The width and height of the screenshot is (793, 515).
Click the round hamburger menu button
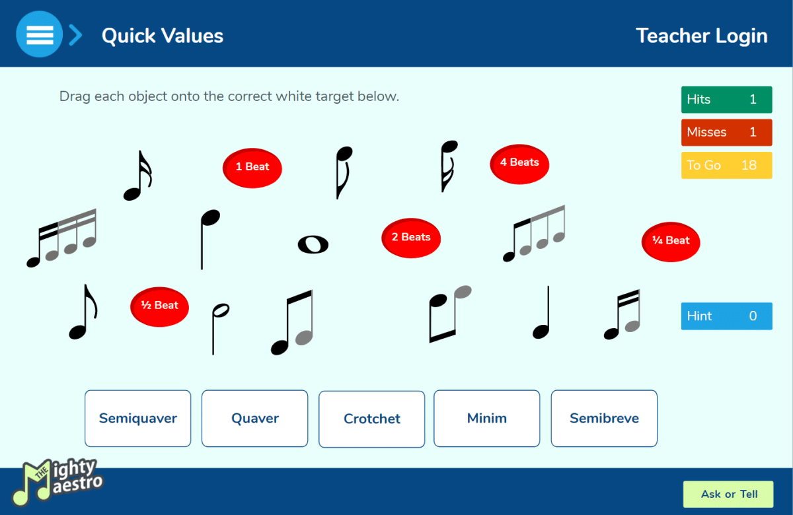pos(39,34)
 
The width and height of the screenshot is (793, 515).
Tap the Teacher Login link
pos(702,36)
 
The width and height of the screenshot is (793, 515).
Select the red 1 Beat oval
pos(252,168)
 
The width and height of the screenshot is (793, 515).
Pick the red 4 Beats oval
pos(519,164)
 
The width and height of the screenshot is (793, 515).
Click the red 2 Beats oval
pos(411,238)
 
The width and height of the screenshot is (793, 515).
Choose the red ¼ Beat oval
pos(671,242)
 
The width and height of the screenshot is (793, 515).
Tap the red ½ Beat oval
pos(159,306)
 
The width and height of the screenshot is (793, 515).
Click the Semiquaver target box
pos(137,419)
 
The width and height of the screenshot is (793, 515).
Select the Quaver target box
pos(255,419)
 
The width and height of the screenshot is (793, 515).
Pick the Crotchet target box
pos(371,419)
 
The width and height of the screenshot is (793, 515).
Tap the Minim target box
pos(487,419)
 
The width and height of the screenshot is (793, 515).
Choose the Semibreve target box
pos(604,419)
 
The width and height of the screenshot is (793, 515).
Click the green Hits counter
pos(727,100)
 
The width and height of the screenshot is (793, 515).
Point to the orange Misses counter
pos(727,132)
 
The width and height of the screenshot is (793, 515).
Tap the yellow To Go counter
pos(727,165)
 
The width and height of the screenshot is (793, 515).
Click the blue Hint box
pos(727,316)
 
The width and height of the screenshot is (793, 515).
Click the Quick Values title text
pos(163,36)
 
